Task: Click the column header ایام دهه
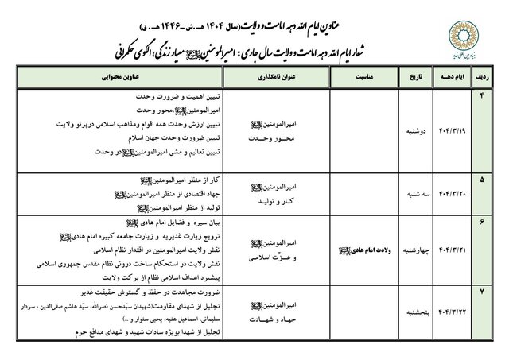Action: (448, 79)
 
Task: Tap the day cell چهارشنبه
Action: (449, 248)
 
